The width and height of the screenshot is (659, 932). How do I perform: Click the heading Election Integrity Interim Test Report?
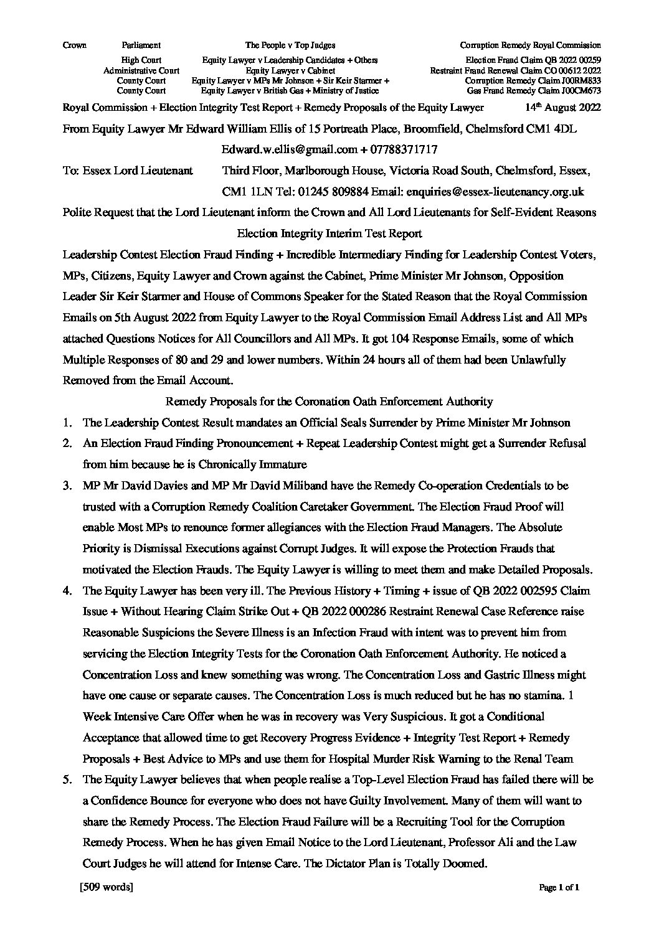tap(329, 233)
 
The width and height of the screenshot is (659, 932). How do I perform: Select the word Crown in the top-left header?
tap(75, 45)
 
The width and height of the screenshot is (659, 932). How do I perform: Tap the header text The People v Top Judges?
tap(290, 45)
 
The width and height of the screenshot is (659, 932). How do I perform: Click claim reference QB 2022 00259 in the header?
tap(576, 60)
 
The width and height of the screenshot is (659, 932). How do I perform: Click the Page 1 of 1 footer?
tap(559, 888)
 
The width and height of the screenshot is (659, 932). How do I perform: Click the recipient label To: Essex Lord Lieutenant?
tap(128, 171)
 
